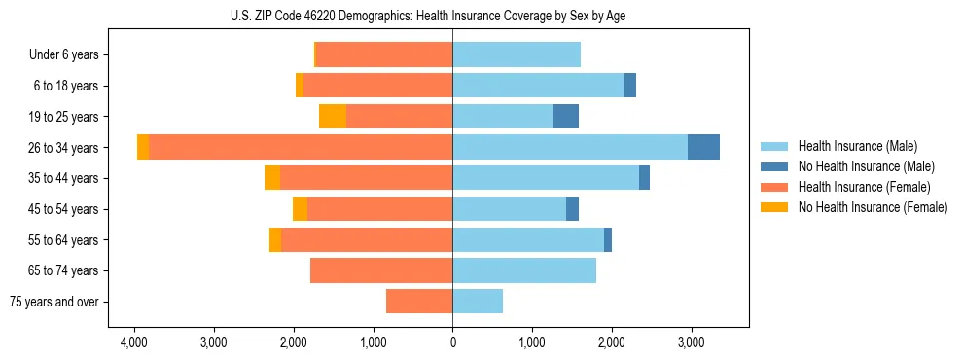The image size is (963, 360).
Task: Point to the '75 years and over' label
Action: coord(54,302)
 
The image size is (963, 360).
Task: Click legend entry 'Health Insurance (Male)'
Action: coord(857,146)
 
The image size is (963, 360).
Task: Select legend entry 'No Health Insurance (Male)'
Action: coord(866,166)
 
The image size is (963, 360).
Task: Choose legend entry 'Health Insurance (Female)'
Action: coord(864,187)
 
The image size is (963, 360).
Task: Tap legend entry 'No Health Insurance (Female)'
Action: coord(873,207)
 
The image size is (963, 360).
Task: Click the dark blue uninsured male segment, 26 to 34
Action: coord(703,147)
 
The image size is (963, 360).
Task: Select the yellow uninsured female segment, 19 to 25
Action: coord(333,117)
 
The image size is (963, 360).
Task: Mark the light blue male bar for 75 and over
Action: coord(478,302)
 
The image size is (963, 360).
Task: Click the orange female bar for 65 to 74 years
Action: coord(381,270)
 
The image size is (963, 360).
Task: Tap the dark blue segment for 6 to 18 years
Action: coord(629,86)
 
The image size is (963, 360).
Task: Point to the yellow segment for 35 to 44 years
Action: coord(272,178)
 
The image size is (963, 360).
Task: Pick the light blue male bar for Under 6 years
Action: coord(517,55)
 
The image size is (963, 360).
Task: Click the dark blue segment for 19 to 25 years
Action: coord(565,117)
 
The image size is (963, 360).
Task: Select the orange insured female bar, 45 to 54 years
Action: coord(379,209)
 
